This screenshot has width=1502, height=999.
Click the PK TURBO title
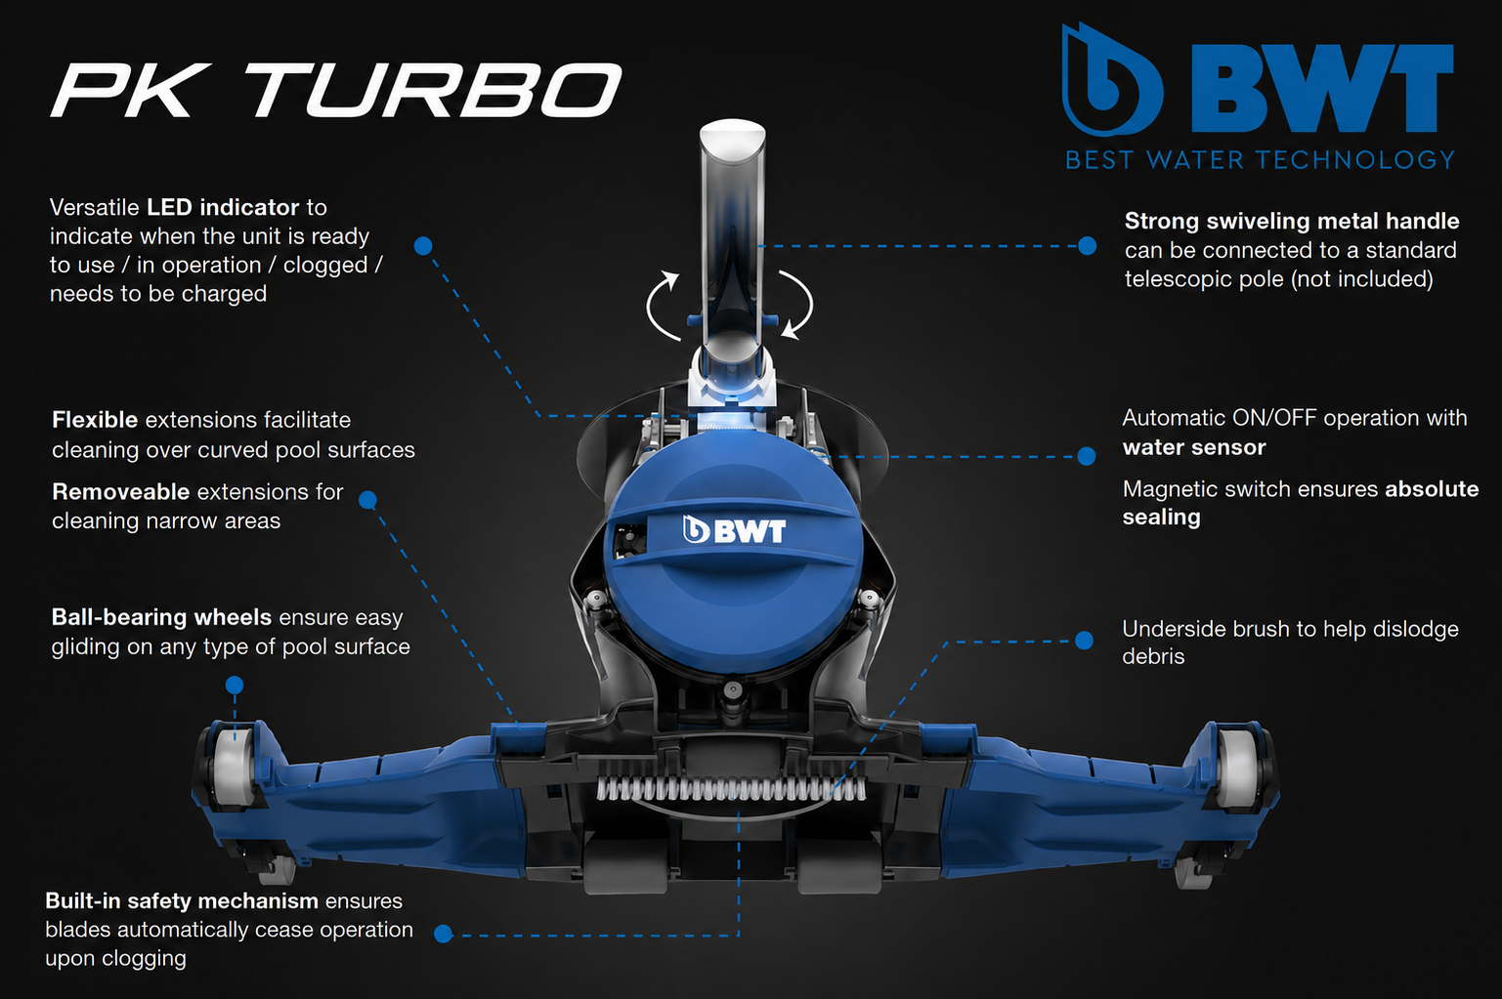tap(335, 90)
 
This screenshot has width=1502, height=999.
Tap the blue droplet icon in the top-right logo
tap(1111, 79)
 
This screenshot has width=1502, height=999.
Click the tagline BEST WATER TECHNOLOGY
tap(1260, 160)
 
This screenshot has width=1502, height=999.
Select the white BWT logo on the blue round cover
tap(734, 530)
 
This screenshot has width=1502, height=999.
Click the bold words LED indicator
tap(223, 207)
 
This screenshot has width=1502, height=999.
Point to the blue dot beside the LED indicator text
tap(423, 246)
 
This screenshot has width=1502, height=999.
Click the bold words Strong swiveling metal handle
tap(1292, 221)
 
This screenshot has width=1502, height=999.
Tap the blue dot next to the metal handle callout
tap(1087, 246)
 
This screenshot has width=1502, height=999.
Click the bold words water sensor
tap(1193, 447)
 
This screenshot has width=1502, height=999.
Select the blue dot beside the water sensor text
tap(1087, 456)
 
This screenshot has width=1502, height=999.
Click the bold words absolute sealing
tap(1300, 503)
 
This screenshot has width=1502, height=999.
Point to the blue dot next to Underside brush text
tap(1085, 641)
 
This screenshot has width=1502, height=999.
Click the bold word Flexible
tap(95, 420)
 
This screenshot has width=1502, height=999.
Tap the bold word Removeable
tap(121, 492)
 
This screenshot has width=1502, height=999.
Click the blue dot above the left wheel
tap(234, 685)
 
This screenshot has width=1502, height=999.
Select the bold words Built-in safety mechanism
tap(182, 901)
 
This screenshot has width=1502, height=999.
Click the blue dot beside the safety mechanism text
tap(444, 934)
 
